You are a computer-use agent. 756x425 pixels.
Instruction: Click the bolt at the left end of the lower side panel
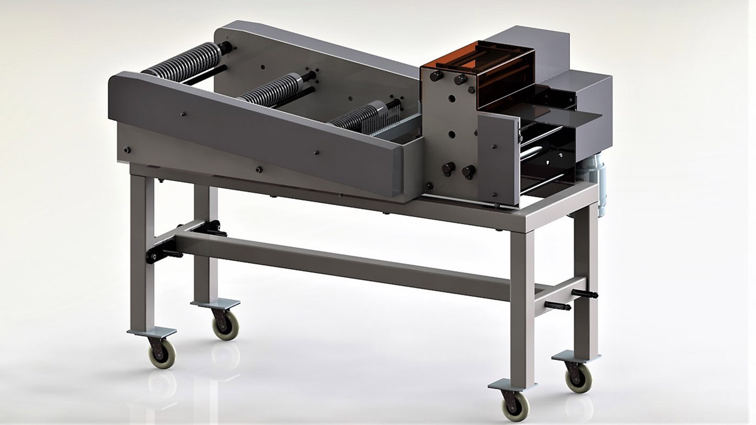pyautogui.click(x=127, y=150)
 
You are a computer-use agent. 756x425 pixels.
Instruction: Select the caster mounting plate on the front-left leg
pyautogui.click(x=152, y=333)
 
